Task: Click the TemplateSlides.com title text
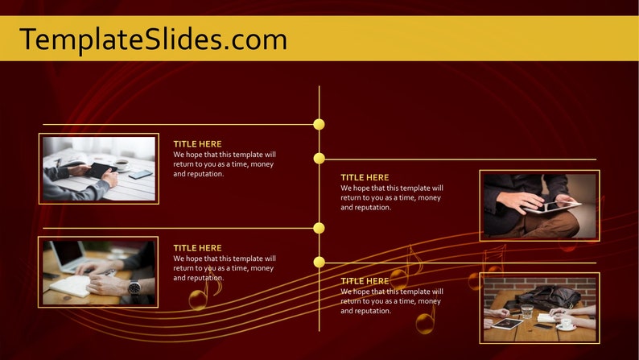tap(153, 39)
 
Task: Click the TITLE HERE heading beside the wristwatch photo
tap(197, 248)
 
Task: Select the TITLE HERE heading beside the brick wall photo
tap(365, 281)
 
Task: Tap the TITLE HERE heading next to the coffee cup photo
tap(197, 144)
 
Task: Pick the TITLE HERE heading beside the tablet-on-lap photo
tap(365, 177)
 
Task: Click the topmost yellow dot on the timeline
tap(319, 124)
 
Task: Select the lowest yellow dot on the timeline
tap(319, 262)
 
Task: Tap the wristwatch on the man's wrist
tap(134, 287)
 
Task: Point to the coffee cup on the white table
tap(122, 163)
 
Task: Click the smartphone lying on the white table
tap(140, 174)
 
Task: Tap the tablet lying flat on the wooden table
tap(507, 324)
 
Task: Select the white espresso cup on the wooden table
tap(566, 324)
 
